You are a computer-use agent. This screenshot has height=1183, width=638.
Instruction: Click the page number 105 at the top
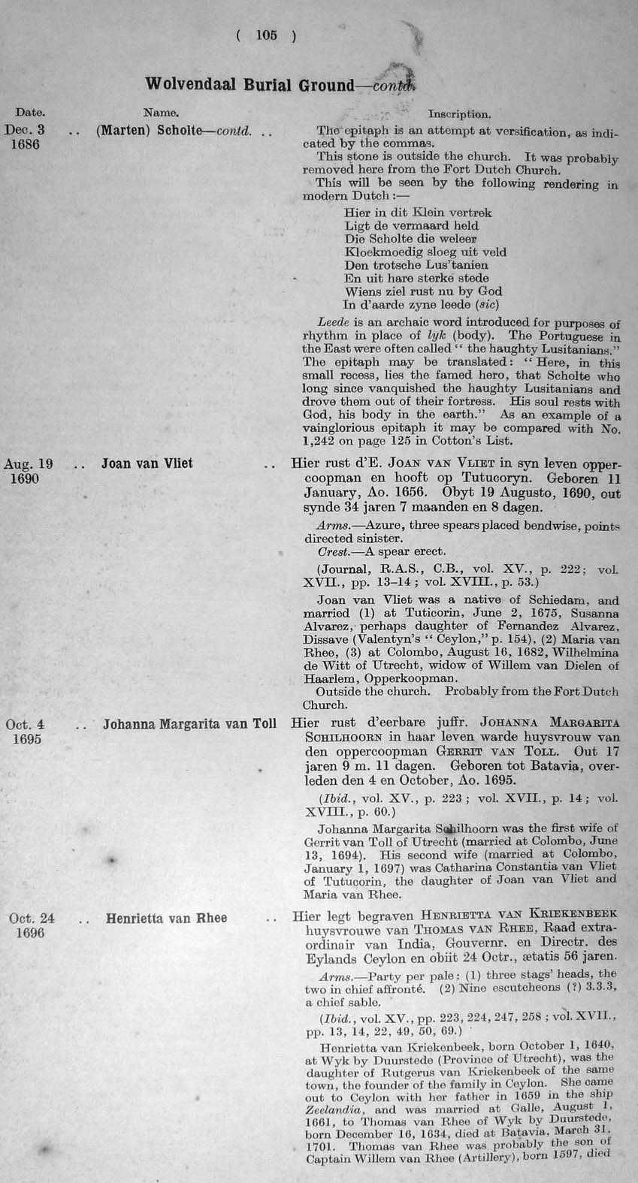[x=266, y=35]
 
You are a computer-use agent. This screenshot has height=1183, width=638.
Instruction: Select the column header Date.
[x=30, y=113]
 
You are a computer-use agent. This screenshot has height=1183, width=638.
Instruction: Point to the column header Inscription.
[x=459, y=114]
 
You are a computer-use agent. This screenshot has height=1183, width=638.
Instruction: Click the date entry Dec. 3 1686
[x=25, y=136]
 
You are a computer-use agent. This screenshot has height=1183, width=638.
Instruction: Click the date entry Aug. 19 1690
[x=25, y=471]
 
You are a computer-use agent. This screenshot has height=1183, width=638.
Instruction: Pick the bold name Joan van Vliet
[x=147, y=463]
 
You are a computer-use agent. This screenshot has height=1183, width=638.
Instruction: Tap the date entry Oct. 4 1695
[x=25, y=732]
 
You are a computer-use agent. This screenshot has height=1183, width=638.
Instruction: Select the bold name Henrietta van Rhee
[x=166, y=918]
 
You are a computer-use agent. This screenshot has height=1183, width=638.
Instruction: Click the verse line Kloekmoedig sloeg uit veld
[x=425, y=252]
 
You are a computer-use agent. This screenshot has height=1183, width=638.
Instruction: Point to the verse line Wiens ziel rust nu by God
[x=423, y=291]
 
